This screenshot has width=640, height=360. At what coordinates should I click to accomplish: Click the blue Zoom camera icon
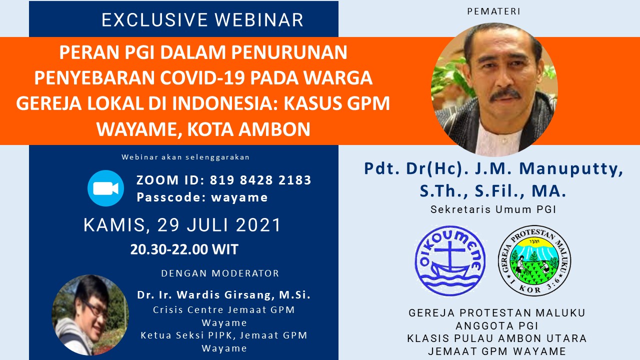tap(105, 188)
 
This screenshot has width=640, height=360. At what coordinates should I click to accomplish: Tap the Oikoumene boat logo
tap(450, 260)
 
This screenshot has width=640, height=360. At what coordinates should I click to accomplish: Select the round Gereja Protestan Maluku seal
tap(534, 260)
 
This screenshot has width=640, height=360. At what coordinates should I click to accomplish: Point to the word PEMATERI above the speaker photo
tap(493, 11)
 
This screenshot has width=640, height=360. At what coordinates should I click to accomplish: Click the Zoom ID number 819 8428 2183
tap(260, 180)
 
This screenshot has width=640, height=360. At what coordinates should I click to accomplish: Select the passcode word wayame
tap(239, 197)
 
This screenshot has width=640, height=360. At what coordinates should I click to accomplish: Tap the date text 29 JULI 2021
tap(219, 225)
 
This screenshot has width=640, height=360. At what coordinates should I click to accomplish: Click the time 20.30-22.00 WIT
tap(184, 249)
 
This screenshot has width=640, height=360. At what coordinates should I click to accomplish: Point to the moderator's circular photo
tap(90, 315)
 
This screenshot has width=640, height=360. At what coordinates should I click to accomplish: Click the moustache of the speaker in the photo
tap(505, 94)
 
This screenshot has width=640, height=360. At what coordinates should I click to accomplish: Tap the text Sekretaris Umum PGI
tap(493, 209)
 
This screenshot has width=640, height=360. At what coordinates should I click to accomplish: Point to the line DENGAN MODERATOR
tap(220, 273)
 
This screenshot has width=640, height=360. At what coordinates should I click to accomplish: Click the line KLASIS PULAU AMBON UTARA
tap(497, 338)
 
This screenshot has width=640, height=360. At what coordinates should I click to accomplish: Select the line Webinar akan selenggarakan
tap(185, 157)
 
